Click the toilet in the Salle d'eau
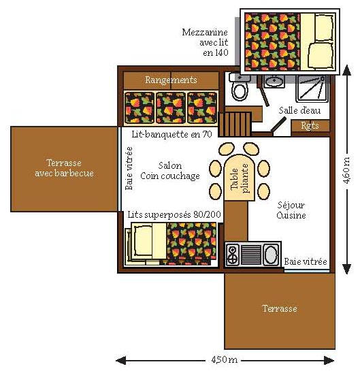240,88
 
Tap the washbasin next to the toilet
274,80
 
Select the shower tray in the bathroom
312,88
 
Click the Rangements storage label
171,80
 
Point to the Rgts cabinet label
310,125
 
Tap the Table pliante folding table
239,178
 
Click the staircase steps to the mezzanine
235,125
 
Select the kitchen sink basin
271,255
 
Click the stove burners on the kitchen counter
233,255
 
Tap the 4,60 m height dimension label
346,170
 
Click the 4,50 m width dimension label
224,359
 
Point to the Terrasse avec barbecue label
64,168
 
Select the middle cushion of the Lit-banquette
171,108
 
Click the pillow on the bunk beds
143,240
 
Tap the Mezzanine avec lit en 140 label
205,42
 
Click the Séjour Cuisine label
291,210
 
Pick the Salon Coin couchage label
170,171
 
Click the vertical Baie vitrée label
129,168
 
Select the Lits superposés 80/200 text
174,214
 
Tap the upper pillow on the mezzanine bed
325,27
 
